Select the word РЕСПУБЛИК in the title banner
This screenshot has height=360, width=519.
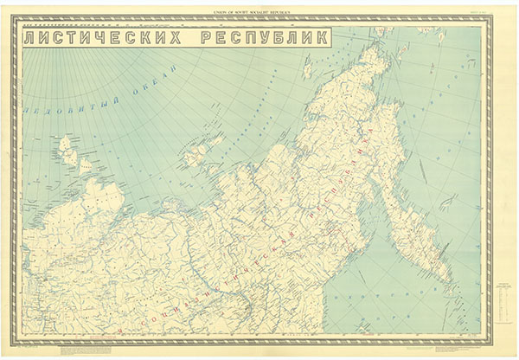[264, 38]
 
